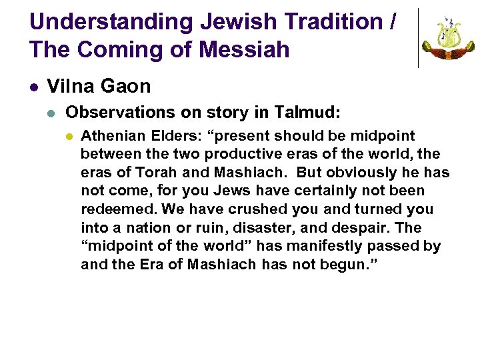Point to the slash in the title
(391, 22)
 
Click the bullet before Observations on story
(53, 113)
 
